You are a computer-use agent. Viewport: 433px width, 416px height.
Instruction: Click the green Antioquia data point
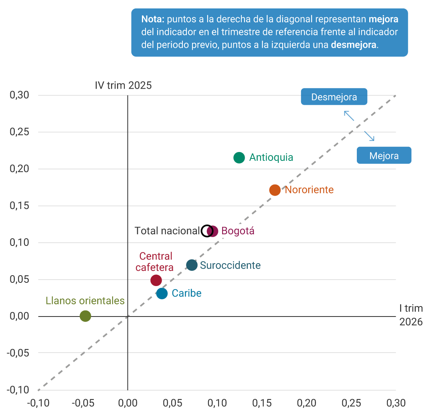pos(239,158)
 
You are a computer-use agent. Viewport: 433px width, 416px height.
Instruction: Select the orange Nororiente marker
pos(275,190)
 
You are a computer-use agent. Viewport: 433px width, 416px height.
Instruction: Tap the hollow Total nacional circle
pos(207,231)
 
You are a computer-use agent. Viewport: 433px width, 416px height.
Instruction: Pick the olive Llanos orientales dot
pos(85,316)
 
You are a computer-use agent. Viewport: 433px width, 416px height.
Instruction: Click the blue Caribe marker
pos(162,294)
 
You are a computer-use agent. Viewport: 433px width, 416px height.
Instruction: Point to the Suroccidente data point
pos(192,265)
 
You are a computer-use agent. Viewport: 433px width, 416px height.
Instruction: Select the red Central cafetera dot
pos(156,280)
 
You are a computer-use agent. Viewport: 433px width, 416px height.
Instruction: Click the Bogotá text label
pos(238,231)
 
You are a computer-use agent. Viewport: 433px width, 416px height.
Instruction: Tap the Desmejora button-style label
pos(334,97)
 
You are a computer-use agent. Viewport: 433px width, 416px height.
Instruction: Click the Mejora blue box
pos(384,156)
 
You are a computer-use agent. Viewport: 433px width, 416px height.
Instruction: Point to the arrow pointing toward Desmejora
pos(349,116)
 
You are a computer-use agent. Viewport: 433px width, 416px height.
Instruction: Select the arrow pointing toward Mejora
pos(369,136)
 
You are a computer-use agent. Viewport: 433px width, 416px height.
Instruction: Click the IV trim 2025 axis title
pos(123,85)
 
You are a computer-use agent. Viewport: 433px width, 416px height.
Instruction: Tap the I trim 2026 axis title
pos(411,315)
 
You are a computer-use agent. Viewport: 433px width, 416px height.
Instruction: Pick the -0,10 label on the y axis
pos(18,390)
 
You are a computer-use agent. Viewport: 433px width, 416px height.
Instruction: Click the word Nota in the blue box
pos(152,19)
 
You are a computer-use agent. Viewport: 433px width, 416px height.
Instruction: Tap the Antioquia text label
pos(271,158)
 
